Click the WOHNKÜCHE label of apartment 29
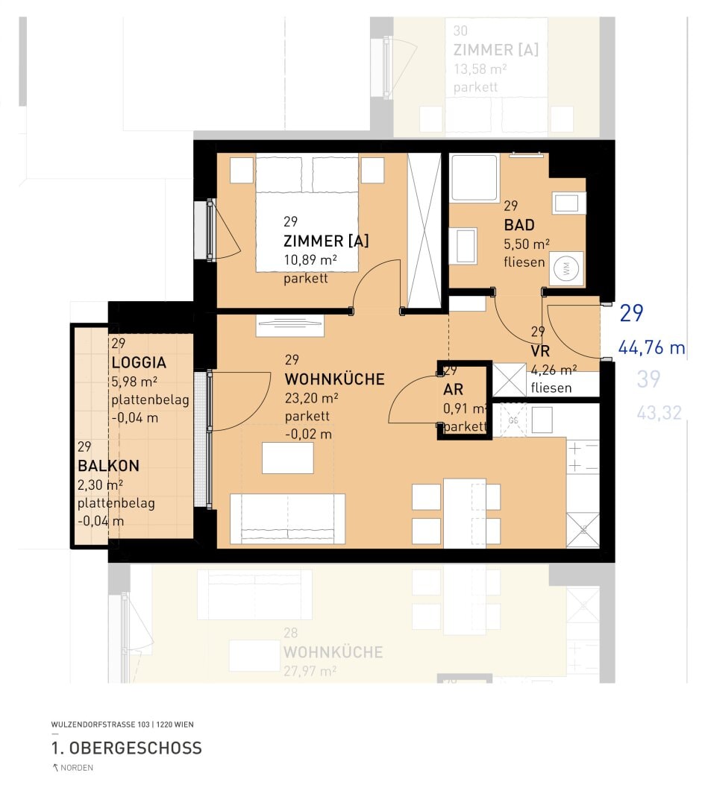pos(334,379)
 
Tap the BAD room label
pos(518,225)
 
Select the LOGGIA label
pos(138,363)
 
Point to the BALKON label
pos(108,466)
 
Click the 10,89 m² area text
pos(310,260)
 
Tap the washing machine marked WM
pos(565,271)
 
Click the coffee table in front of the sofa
pos(287,458)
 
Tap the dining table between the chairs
pos(464,513)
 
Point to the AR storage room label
pos(454,390)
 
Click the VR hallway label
pos(539,351)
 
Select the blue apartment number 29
pos(631,314)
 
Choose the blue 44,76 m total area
pos(651,347)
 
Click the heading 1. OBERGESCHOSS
pos(126,748)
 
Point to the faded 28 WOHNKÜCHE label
pos(333,652)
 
